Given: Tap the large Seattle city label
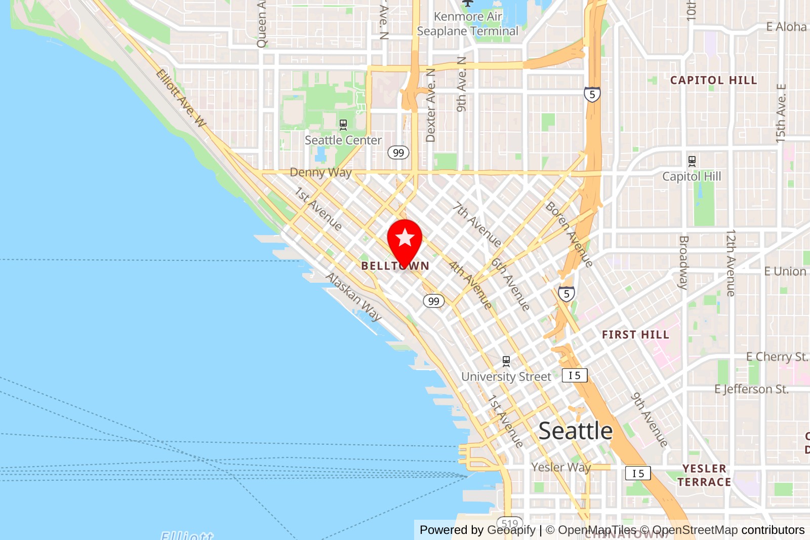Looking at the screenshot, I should tap(575, 431).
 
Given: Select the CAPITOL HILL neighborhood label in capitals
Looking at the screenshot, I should tap(713, 81).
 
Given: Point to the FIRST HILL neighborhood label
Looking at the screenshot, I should tap(635, 335).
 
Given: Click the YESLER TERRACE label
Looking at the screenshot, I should tap(704, 475).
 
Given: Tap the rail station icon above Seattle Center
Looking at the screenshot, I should tap(343, 124).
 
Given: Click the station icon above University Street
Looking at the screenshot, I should tap(506, 361).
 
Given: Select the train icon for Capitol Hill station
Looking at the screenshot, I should tap(692, 162).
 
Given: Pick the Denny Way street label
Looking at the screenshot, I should tap(320, 172).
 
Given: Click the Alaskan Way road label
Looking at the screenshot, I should tap(353, 297).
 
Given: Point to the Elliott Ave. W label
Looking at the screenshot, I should tap(181, 98).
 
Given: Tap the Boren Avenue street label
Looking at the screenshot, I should tap(569, 234).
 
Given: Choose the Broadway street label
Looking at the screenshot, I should tap(683, 262).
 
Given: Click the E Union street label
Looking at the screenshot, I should tap(785, 272).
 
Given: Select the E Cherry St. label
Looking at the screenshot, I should tap(777, 357).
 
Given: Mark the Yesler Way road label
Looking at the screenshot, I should tap(561, 467).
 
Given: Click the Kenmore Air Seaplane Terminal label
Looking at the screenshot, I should tap(467, 24).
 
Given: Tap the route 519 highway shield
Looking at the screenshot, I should tap(510, 524).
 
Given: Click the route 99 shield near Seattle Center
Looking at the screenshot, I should tap(398, 152).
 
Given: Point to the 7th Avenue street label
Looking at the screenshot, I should tap(477, 224).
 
